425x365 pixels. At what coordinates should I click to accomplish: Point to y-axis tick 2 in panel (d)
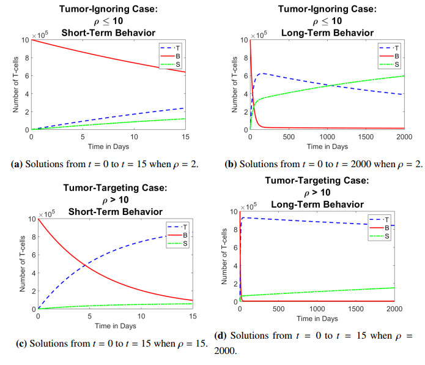(232, 284)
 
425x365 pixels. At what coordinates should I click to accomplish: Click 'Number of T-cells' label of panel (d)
(223, 257)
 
